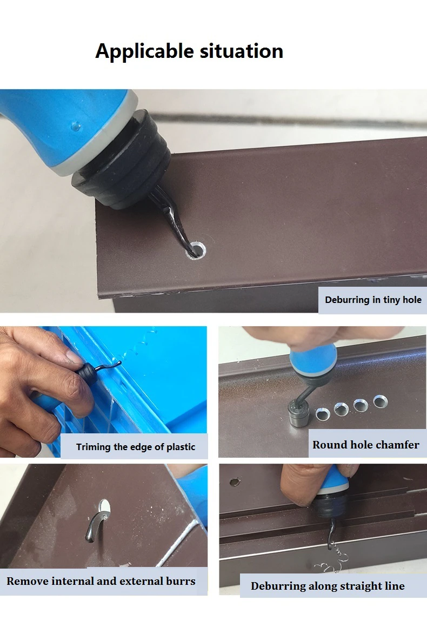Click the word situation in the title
click(241, 51)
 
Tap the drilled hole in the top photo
click(197, 250)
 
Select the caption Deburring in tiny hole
click(373, 300)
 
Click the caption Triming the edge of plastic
click(135, 447)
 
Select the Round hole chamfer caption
click(366, 445)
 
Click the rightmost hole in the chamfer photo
click(381, 401)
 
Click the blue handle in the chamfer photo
click(313, 360)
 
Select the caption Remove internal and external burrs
click(101, 581)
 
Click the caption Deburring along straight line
click(328, 586)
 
